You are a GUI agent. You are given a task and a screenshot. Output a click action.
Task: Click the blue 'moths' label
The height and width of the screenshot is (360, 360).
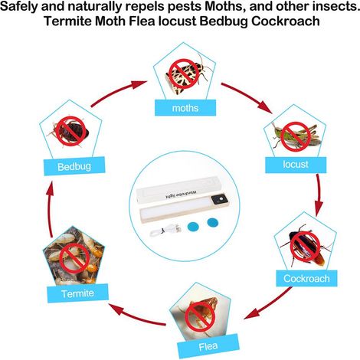point(185,108)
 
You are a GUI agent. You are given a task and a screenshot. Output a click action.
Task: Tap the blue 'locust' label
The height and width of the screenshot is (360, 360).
point(296,165)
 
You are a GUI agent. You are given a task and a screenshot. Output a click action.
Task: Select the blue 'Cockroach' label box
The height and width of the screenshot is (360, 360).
point(306,278)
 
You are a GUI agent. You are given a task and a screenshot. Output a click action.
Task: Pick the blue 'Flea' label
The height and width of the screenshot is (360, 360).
point(208,346)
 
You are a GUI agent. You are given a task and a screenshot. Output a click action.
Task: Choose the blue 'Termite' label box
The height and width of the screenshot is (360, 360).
point(78,293)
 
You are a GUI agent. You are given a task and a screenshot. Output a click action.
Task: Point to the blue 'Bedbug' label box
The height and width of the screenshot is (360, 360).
point(74,166)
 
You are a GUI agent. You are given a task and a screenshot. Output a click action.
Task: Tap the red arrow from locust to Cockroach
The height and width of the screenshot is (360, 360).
point(319,195)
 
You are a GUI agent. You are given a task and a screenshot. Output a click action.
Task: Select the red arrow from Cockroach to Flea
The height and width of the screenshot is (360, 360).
point(269,304)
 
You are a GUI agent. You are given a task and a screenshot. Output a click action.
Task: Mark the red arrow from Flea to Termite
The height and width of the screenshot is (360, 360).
point(137,315)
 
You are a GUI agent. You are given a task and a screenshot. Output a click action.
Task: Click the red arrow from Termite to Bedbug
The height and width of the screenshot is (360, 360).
point(50,208)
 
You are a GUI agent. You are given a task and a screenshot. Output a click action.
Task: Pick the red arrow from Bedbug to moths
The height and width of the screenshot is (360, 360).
point(118,92)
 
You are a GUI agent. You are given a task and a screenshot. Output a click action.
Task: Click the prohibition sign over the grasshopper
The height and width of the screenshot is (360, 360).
point(296,136)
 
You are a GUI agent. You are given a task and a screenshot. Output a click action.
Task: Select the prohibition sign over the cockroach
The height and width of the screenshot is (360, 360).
point(305,247)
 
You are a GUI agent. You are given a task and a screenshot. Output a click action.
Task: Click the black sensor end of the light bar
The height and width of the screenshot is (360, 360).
point(220,200)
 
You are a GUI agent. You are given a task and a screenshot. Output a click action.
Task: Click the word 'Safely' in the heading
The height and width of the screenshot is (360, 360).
point(19,7)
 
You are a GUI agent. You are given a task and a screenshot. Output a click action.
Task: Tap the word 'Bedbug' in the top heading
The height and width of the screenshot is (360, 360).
point(224,21)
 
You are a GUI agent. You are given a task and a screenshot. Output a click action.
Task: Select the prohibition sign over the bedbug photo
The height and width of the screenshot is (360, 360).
point(70,131)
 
